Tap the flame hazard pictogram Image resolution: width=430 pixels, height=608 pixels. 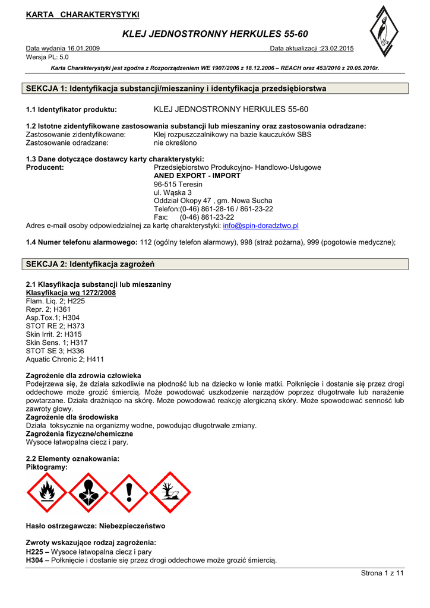47,492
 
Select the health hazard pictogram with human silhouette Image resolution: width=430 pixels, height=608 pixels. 88,492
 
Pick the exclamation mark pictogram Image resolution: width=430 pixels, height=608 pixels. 129,492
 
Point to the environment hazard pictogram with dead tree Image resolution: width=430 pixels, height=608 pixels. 170,492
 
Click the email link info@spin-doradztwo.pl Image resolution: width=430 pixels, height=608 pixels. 261,226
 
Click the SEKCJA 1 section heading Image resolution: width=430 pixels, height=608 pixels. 176,88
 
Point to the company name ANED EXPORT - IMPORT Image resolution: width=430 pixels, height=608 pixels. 197,176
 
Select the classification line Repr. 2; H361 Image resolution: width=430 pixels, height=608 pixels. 49,309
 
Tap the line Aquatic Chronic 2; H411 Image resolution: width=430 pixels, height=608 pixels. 65,359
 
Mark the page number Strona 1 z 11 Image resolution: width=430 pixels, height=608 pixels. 382,572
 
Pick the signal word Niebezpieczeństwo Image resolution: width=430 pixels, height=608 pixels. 131,526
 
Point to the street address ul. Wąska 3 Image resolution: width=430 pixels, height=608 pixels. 173,193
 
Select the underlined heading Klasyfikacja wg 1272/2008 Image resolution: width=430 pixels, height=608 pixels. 71,293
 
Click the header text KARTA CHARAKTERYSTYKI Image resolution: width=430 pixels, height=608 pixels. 83,14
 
